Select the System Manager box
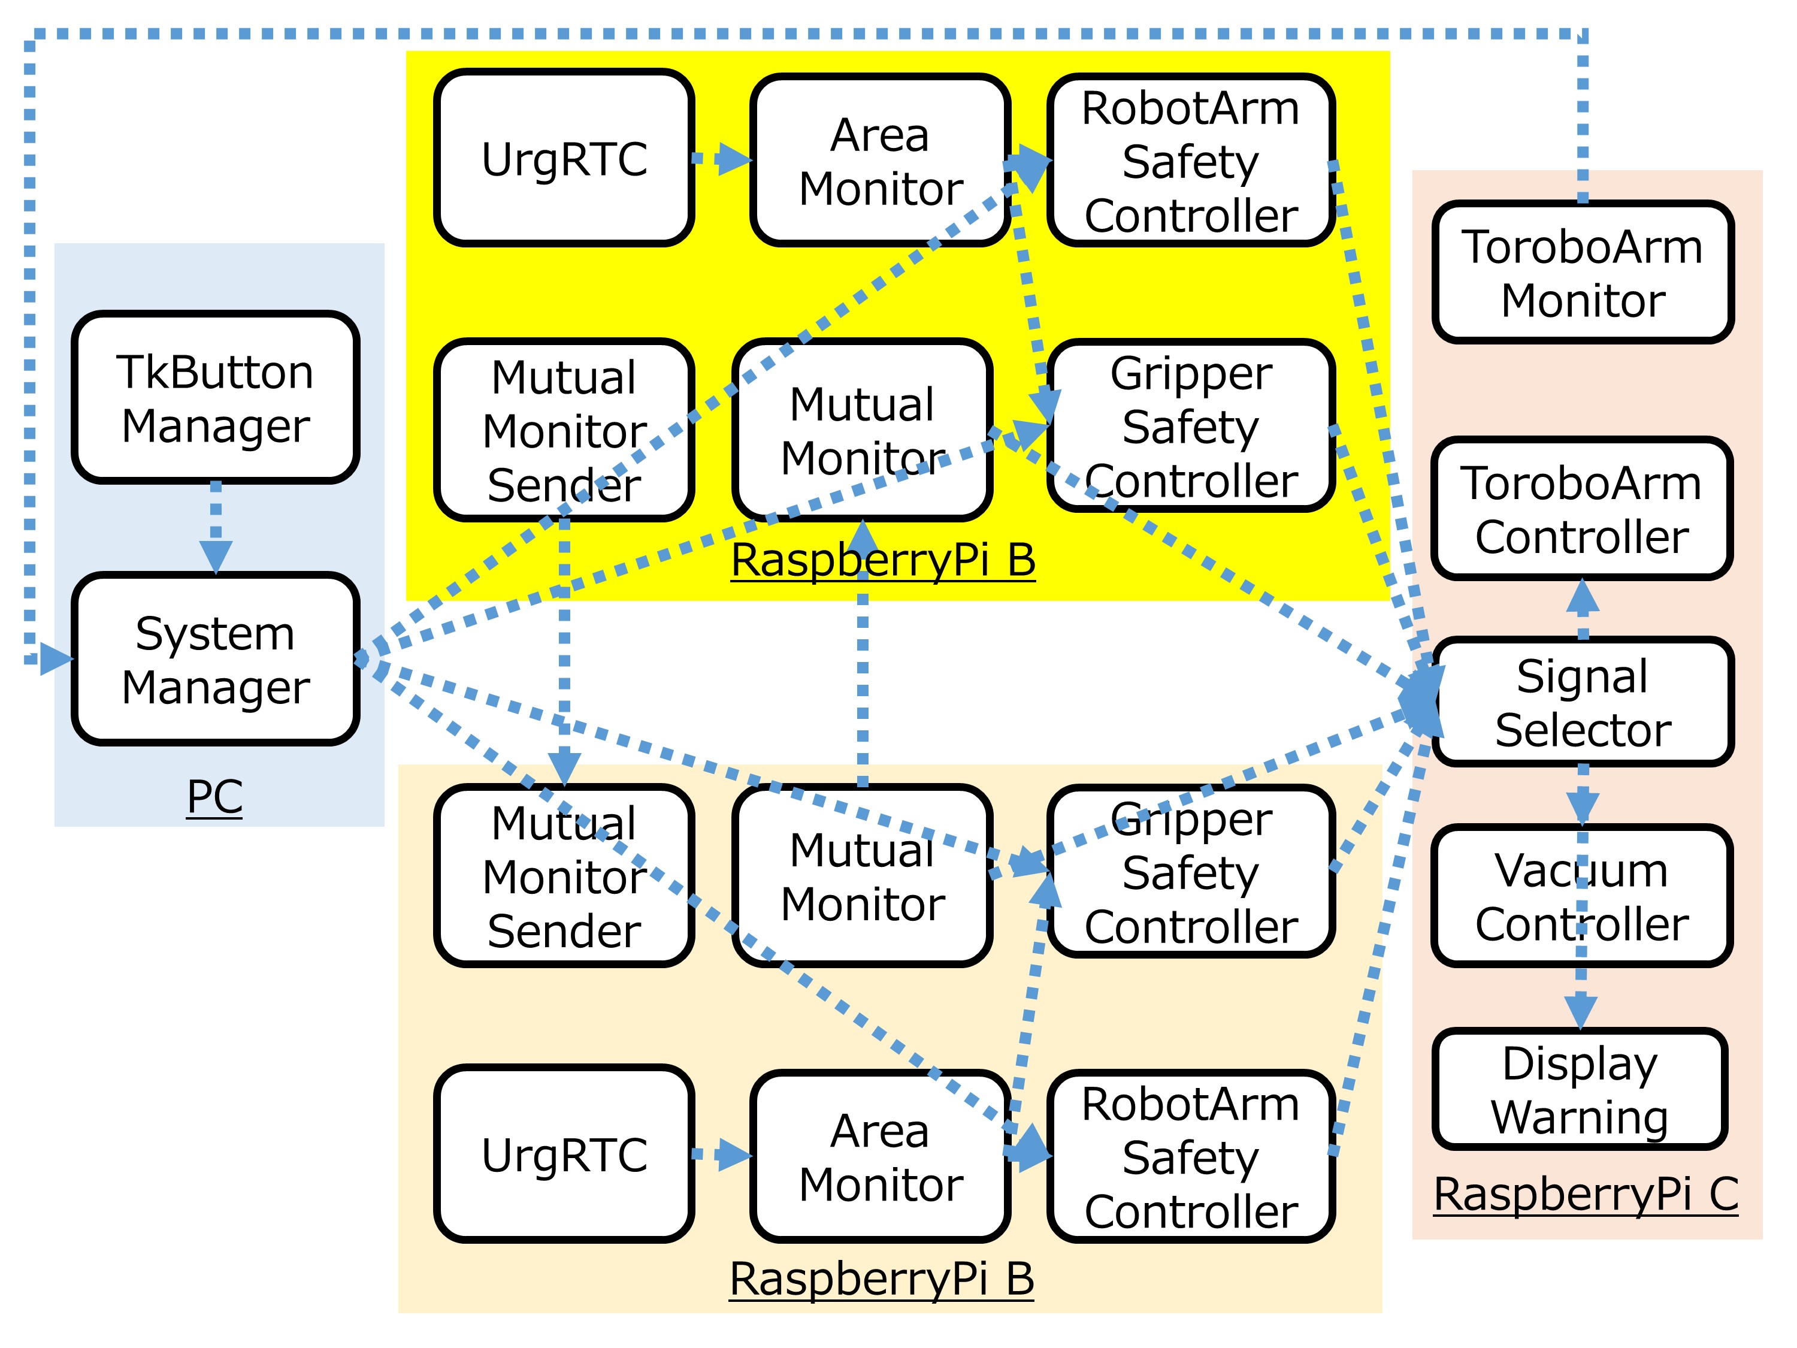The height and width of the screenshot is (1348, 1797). [x=215, y=659]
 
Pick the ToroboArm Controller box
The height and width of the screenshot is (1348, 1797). [x=1583, y=509]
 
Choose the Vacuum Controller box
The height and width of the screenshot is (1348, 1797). [x=1583, y=896]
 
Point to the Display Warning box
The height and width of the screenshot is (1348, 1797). [x=1580, y=1090]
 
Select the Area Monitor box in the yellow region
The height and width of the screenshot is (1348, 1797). [x=881, y=161]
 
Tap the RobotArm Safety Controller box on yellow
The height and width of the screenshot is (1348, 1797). [x=1191, y=161]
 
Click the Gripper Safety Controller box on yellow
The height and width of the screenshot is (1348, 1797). [x=1191, y=427]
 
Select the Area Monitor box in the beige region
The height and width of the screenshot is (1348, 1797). [x=881, y=1156]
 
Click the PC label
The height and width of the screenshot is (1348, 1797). [x=214, y=796]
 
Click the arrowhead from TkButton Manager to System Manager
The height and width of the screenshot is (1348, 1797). [x=215, y=557]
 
